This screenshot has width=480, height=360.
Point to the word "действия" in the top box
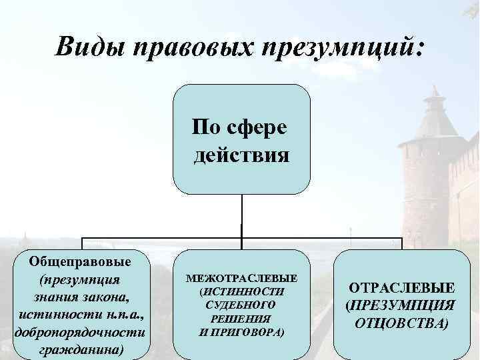point(241,155)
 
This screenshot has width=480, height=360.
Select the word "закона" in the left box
point(104,295)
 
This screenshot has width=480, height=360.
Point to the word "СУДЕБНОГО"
point(241,304)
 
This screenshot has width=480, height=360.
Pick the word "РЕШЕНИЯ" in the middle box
point(241,318)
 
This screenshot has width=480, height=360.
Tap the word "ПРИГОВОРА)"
point(250,331)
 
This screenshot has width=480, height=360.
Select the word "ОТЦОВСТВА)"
point(401,323)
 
